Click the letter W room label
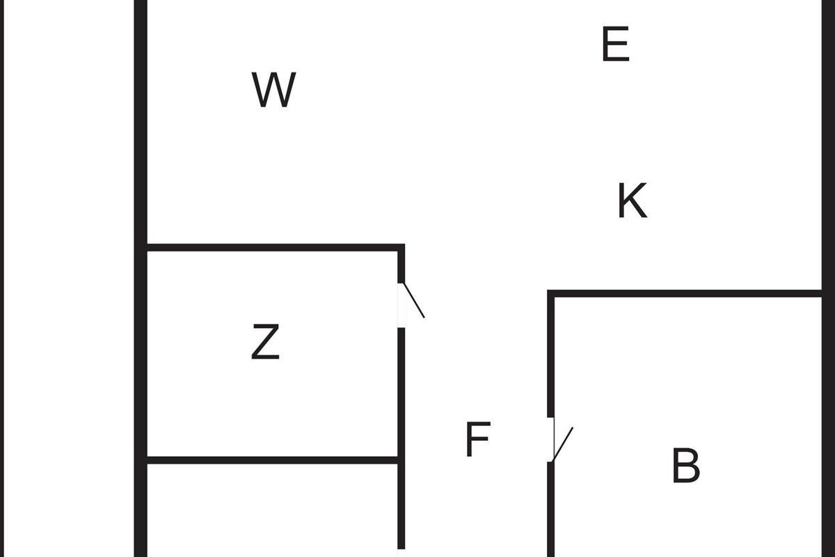pyautogui.click(x=274, y=90)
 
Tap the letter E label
pyautogui.click(x=616, y=44)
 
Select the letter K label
pyautogui.click(x=633, y=201)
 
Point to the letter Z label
pyautogui.click(x=265, y=341)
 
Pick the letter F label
pyautogui.click(x=478, y=439)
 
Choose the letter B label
pyautogui.click(x=686, y=465)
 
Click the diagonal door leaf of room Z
pyautogui.click(x=414, y=300)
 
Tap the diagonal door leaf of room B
pyautogui.click(x=562, y=444)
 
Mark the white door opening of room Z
pyautogui.click(x=401, y=305)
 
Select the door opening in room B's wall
pyautogui.click(x=550, y=439)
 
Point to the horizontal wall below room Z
pyautogui.click(x=273, y=460)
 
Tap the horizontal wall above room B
pyautogui.click(x=685, y=294)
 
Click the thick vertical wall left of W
pyautogui.click(x=141, y=278)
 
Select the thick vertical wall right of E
pyautogui.click(x=828, y=278)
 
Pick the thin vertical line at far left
pyautogui.click(x=2, y=278)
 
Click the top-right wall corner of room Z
pyautogui.click(x=401, y=247)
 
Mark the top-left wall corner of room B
pyautogui.click(x=550, y=294)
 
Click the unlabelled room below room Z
pyautogui.click(x=273, y=510)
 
